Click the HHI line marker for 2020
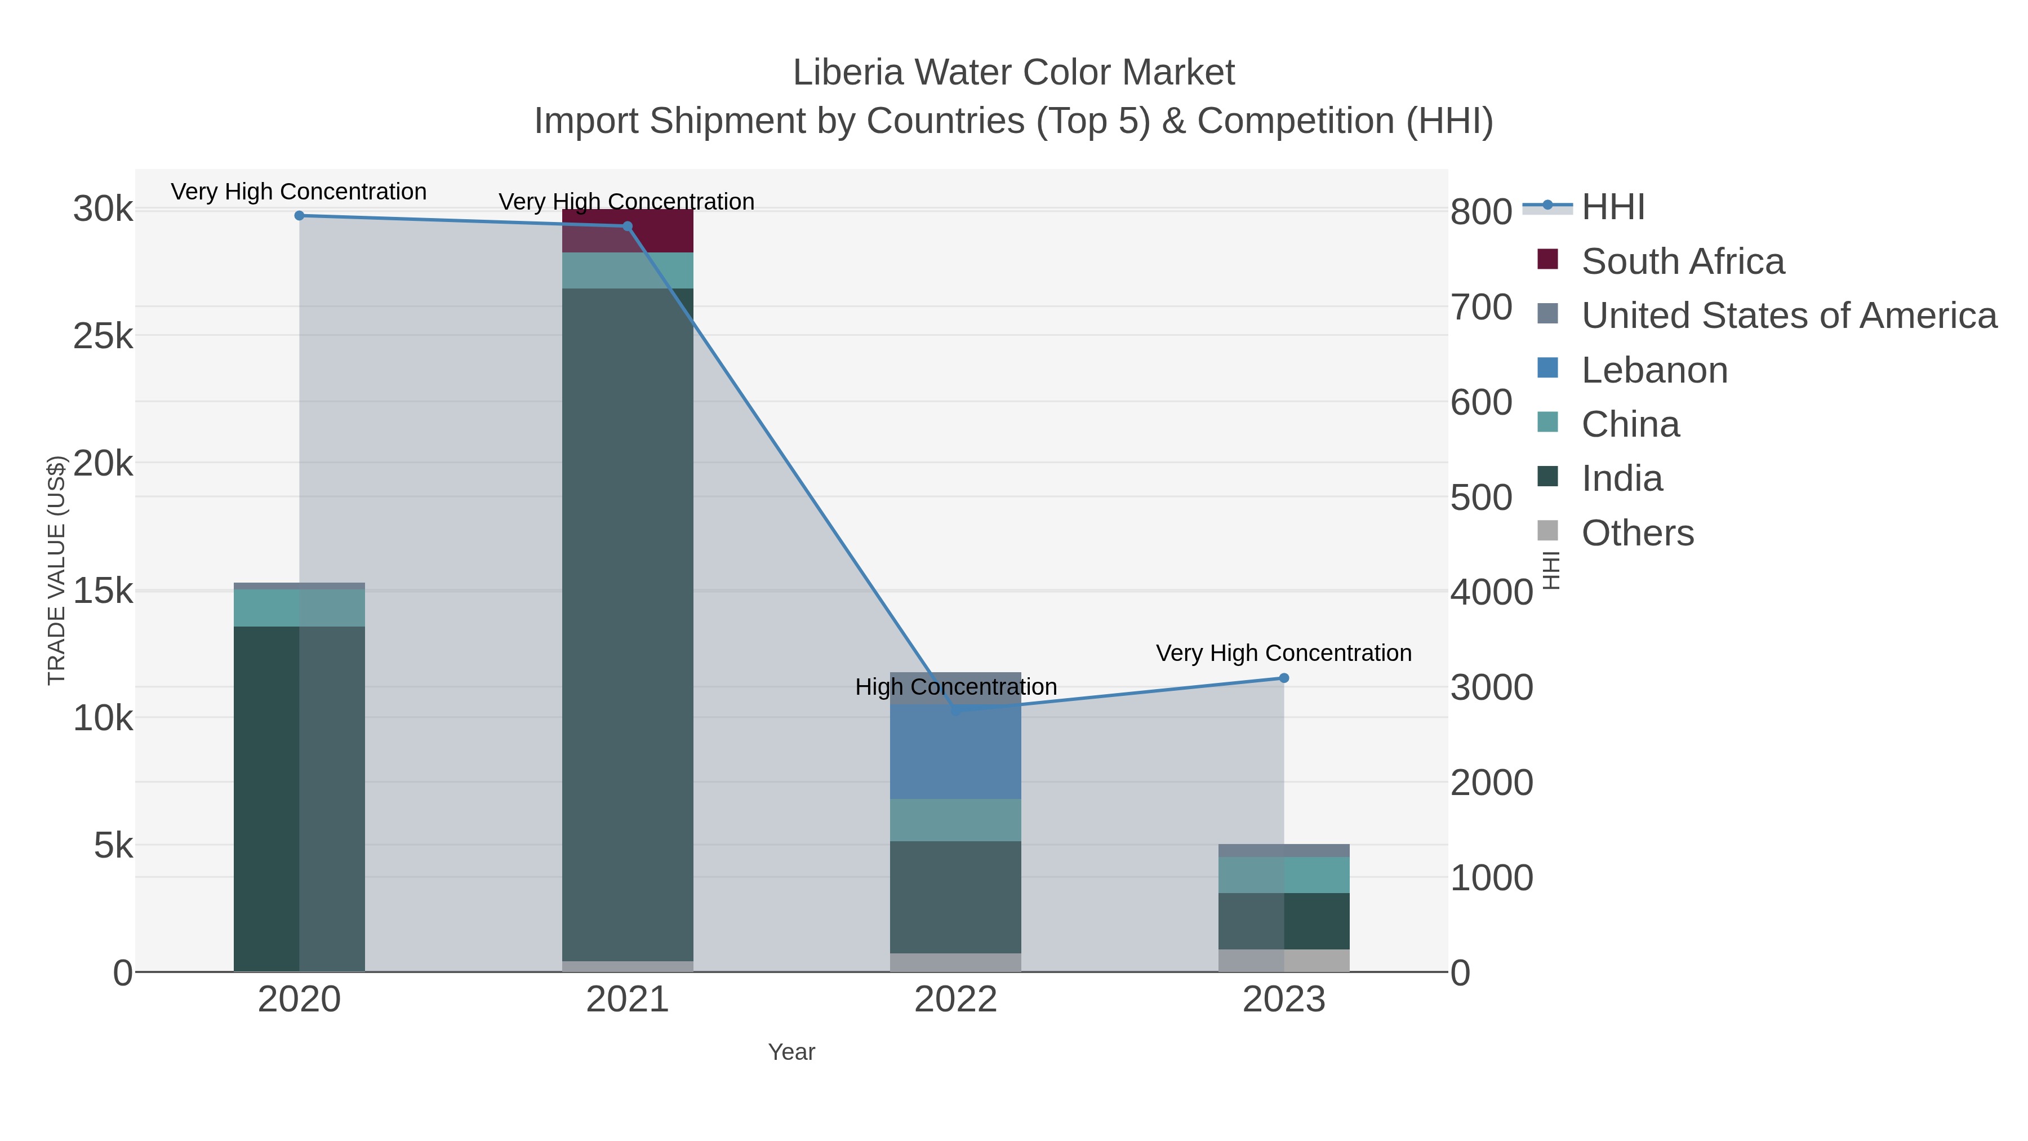(x=299, y=216)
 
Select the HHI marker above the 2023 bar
(x=1284, y=678)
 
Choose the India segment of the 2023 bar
(x=1284, y=921)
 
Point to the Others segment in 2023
(x=1284, y=960)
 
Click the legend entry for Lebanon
(x=1654, y=370)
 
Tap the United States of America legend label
(x=1789, y=316)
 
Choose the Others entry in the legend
(x=1638, y=533)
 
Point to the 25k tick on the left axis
(x=103, y=336)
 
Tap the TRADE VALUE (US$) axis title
(x=57, y=570)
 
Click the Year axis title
(x=791, y=1052)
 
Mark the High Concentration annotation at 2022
(x=956, y=687)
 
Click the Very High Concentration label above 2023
(x=1283, y=653)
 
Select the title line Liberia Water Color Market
(x=1013, y=73)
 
